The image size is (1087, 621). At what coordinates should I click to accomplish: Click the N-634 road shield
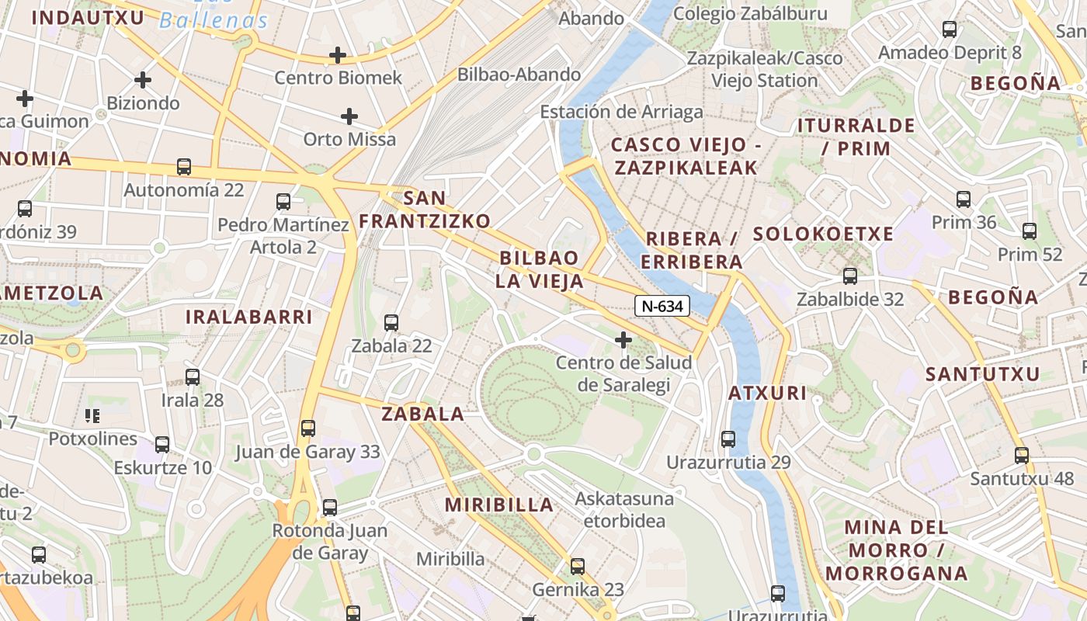click(x=662, y=306)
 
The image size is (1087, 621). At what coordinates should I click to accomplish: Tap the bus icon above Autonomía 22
click(x=184, y=166)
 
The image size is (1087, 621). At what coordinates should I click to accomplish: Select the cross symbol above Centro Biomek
click(x=338, y=55)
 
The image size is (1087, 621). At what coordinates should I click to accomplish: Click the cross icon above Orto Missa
click(x=349, y=116)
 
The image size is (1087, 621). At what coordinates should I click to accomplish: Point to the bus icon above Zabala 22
click(x=391, y=322)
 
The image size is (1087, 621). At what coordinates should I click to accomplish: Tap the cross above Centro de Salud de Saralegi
click(x=623, y=339)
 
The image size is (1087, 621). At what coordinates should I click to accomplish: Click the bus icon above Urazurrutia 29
click(x=728, y=439)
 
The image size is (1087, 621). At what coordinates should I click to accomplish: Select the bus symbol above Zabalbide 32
click(x=850, y=276)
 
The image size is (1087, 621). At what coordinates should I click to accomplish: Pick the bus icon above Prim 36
click(x=964, y=199)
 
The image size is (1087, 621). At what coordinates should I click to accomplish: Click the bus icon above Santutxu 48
click(x=1022, y=456)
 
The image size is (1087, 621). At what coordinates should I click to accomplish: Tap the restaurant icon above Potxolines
click(x=93, y=416)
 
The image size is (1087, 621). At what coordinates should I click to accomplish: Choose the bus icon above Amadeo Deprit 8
click(x=950, y=29)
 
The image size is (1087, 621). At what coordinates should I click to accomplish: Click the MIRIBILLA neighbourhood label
click(x=499, y=505)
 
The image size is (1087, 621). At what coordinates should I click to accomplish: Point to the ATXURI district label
click(x=767, y=393)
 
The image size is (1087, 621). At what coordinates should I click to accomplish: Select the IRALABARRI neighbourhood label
click(x=248, y=317)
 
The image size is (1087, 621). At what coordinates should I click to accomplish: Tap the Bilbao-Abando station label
click(x=519, y=75)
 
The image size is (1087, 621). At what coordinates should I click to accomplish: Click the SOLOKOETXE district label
click(x=823, y=234)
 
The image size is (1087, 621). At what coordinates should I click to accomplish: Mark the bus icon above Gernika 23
click(x=578, y=566)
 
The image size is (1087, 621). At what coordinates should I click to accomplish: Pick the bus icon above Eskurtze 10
click(x=162, y=444)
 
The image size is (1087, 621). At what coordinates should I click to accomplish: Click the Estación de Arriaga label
click(x=621, y=112)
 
